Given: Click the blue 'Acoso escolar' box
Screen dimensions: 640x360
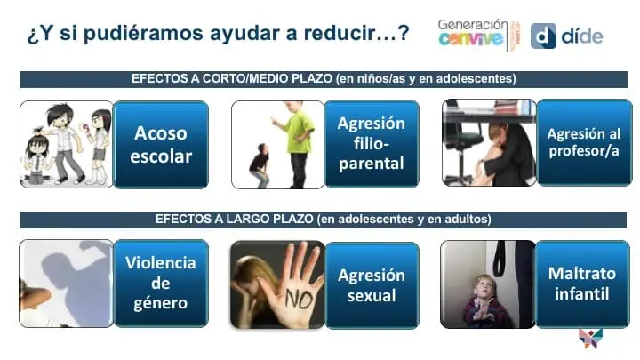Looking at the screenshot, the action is tap(161, 145).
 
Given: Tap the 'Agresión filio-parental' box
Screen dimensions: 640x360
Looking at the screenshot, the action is tap(372, 144).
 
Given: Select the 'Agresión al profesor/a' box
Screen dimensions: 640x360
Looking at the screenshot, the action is tap(584, 142).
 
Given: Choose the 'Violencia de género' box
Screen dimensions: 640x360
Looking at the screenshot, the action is tap(161, 284).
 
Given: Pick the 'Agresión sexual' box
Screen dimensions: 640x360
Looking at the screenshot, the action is tap(372, 285).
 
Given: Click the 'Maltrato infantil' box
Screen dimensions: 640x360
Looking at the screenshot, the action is tap(582, 284).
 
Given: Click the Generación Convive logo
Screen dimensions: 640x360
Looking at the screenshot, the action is tap(479, 35).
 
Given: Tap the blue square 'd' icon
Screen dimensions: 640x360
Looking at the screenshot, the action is tap(543, 36).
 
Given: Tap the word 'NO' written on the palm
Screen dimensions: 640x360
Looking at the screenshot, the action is tap(300, 300).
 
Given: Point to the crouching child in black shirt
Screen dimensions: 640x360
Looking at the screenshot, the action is tap(260, 165).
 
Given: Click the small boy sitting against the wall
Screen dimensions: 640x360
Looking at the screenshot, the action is tap(484, 302).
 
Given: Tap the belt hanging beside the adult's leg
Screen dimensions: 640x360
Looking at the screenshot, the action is tap(500, 258).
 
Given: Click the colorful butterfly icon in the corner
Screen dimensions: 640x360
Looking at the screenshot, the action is tap(590, 339).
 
